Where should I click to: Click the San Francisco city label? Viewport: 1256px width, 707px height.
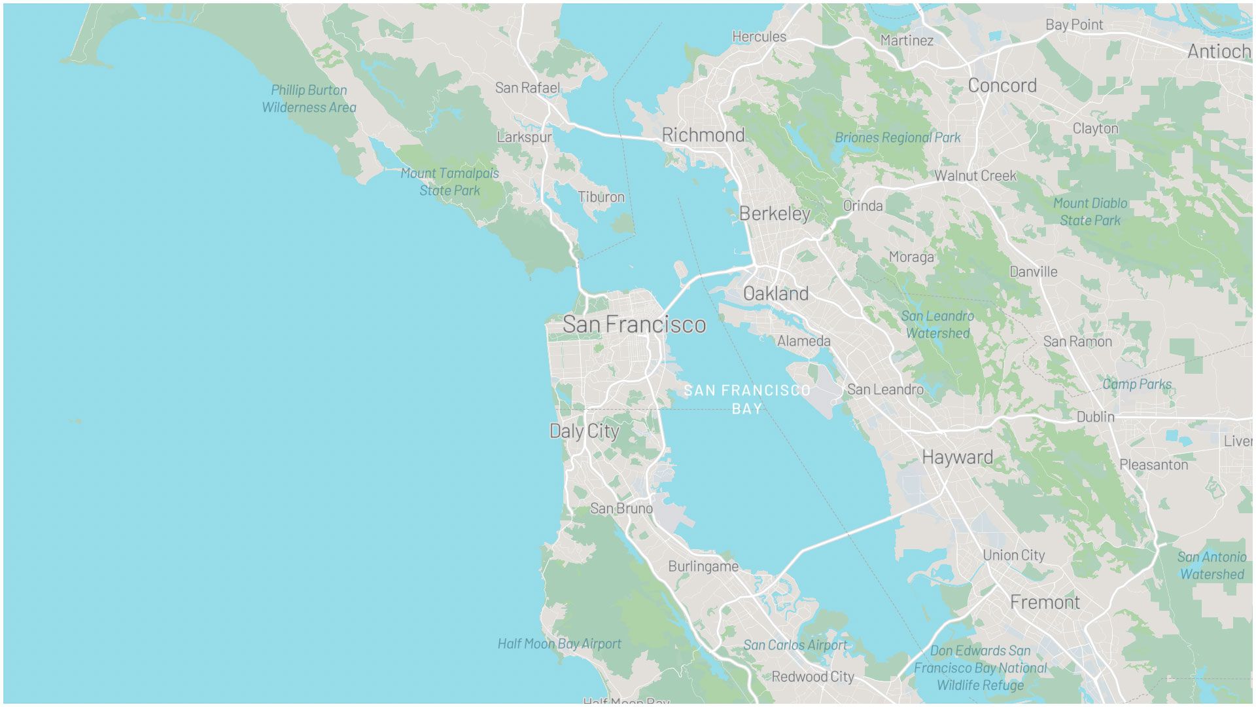634,324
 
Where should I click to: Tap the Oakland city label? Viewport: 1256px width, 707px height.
776,293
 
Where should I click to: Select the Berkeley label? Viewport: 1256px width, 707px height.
775,213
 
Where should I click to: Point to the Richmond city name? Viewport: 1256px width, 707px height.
703,135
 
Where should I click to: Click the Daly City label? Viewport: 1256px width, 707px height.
584,431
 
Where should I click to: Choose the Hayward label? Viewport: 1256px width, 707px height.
957,457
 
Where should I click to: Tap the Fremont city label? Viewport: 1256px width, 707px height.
1045,602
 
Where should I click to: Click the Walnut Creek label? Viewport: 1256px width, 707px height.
975,175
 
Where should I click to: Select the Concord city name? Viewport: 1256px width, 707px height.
1002,85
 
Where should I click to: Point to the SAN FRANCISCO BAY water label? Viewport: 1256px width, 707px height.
747,399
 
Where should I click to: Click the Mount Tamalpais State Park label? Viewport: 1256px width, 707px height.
449,182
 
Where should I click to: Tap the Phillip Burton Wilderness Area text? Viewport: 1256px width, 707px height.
309,99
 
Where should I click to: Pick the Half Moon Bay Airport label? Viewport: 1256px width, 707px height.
559,644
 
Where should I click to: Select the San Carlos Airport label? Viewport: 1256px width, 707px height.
795,645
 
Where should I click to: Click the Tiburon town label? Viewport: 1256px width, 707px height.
601,197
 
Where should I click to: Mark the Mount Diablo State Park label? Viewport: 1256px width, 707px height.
1090,211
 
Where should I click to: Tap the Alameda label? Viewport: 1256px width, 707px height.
803,341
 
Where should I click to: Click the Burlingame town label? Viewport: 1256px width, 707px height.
703,566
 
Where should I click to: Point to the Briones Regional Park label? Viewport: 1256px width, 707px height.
898,137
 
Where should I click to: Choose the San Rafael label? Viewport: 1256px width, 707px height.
527,88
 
